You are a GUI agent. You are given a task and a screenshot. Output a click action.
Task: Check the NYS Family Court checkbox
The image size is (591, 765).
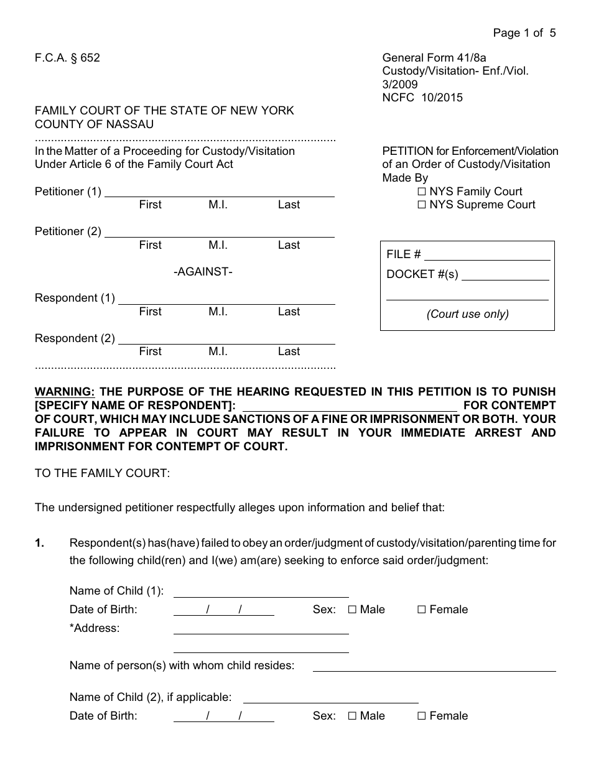coord(422,192)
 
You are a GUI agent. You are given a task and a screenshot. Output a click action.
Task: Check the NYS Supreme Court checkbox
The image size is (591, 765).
coord(422,205)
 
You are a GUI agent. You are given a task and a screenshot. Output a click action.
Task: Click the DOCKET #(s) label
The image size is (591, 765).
coord(422,274)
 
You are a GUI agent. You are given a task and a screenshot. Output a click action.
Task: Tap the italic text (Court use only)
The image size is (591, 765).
coord(467,314)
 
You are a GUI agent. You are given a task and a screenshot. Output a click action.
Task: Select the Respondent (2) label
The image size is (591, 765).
coord(75,338)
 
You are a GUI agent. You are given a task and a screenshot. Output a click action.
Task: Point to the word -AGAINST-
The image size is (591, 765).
coord(203,272)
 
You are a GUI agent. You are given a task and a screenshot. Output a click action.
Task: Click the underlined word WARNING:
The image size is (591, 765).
coord(65,392)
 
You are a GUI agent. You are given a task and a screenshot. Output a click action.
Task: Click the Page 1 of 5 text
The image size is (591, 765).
coord(524,33)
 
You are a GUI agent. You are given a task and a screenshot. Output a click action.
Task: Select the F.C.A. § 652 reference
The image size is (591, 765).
coord(67,58)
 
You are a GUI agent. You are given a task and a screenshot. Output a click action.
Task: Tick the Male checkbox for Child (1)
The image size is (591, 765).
coord(352,610)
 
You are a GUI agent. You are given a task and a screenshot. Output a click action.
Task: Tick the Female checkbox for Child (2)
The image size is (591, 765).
coord(422,716)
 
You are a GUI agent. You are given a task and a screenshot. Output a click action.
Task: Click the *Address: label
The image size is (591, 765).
coord(95,628)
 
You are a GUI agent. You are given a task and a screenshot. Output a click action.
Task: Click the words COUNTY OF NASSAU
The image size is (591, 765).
coord(94,124)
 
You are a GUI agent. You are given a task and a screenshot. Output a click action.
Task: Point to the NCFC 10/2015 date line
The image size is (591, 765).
coord(422,98)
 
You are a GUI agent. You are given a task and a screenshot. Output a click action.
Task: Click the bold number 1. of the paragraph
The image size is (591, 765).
coord(39,543)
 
